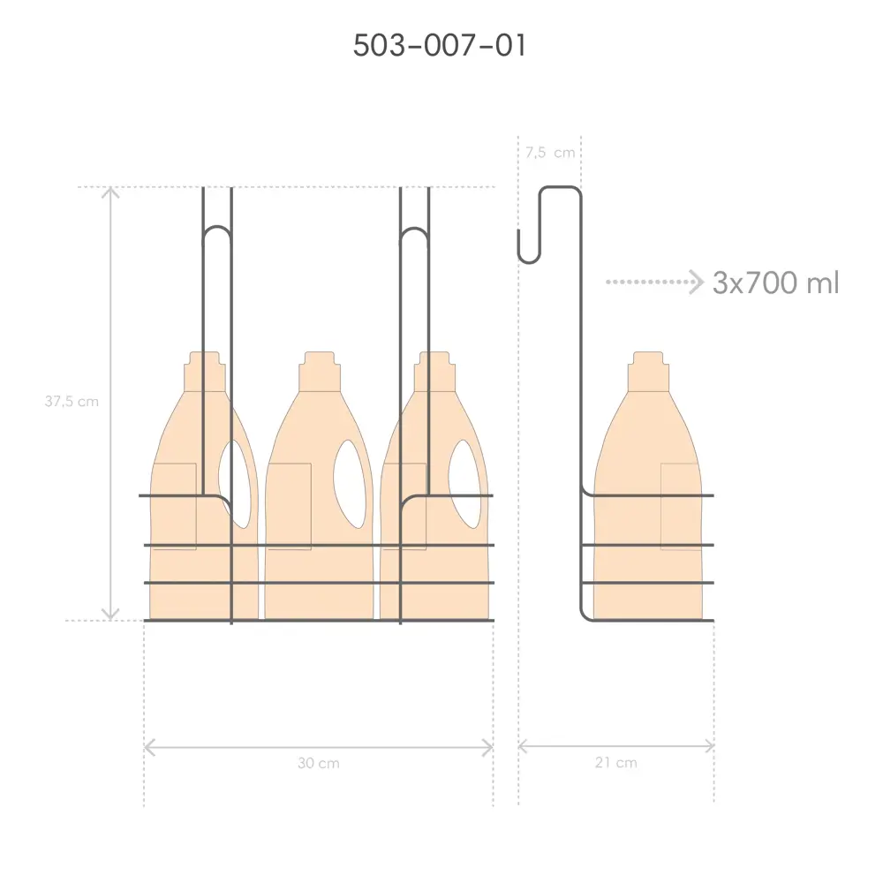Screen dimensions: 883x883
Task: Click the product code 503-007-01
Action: [439, 46]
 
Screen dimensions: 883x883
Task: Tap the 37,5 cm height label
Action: [72, 402]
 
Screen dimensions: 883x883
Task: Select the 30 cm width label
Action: [319, 763]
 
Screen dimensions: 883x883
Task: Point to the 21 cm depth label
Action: [616, 763]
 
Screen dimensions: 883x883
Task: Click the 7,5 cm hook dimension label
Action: [550, 153]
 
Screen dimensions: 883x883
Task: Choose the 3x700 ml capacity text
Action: [775, 283]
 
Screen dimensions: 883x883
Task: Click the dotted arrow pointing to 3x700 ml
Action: [655, 282]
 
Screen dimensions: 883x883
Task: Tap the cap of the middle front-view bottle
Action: [320, 372]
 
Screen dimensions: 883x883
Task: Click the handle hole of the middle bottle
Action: [349, 484]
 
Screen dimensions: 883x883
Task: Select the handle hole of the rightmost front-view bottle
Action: [465, 484]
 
